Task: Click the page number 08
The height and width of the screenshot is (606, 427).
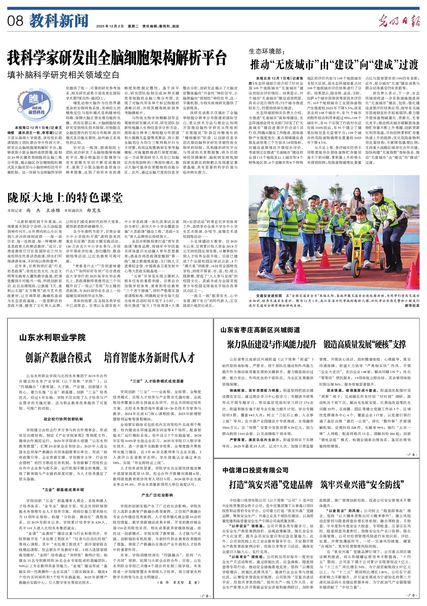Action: point(15,21)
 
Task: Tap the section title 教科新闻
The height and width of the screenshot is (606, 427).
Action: point(59,21)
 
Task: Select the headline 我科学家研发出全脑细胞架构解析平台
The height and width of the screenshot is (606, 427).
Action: point(117,57)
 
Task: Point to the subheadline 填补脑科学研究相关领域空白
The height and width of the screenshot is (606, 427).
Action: point(63,74)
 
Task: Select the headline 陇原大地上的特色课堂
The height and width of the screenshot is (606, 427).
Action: point(65,197)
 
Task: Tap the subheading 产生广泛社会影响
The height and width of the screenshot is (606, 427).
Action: point(157,495)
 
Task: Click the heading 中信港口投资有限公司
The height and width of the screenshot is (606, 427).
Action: point(255,470)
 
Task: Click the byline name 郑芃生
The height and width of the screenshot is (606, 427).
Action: point(94,210)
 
